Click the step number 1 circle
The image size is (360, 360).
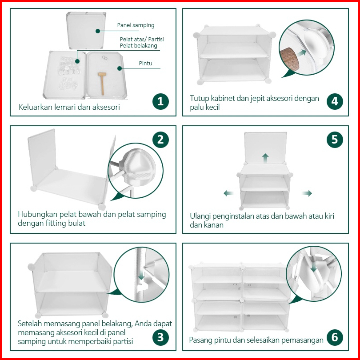160,101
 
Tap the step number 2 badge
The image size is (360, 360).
160,140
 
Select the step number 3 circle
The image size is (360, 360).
160,337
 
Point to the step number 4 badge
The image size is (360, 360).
335,101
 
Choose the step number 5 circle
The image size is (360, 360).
335,140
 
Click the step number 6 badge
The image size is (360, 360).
335,337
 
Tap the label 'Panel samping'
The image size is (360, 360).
136,25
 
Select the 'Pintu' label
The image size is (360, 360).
146,63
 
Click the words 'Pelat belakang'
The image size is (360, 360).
138,46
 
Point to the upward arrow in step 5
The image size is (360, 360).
265,158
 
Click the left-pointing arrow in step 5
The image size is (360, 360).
229,193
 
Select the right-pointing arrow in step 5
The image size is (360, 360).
307,193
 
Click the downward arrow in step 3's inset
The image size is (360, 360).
141,274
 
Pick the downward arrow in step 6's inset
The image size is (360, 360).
314,266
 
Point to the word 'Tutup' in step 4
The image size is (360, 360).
199,99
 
